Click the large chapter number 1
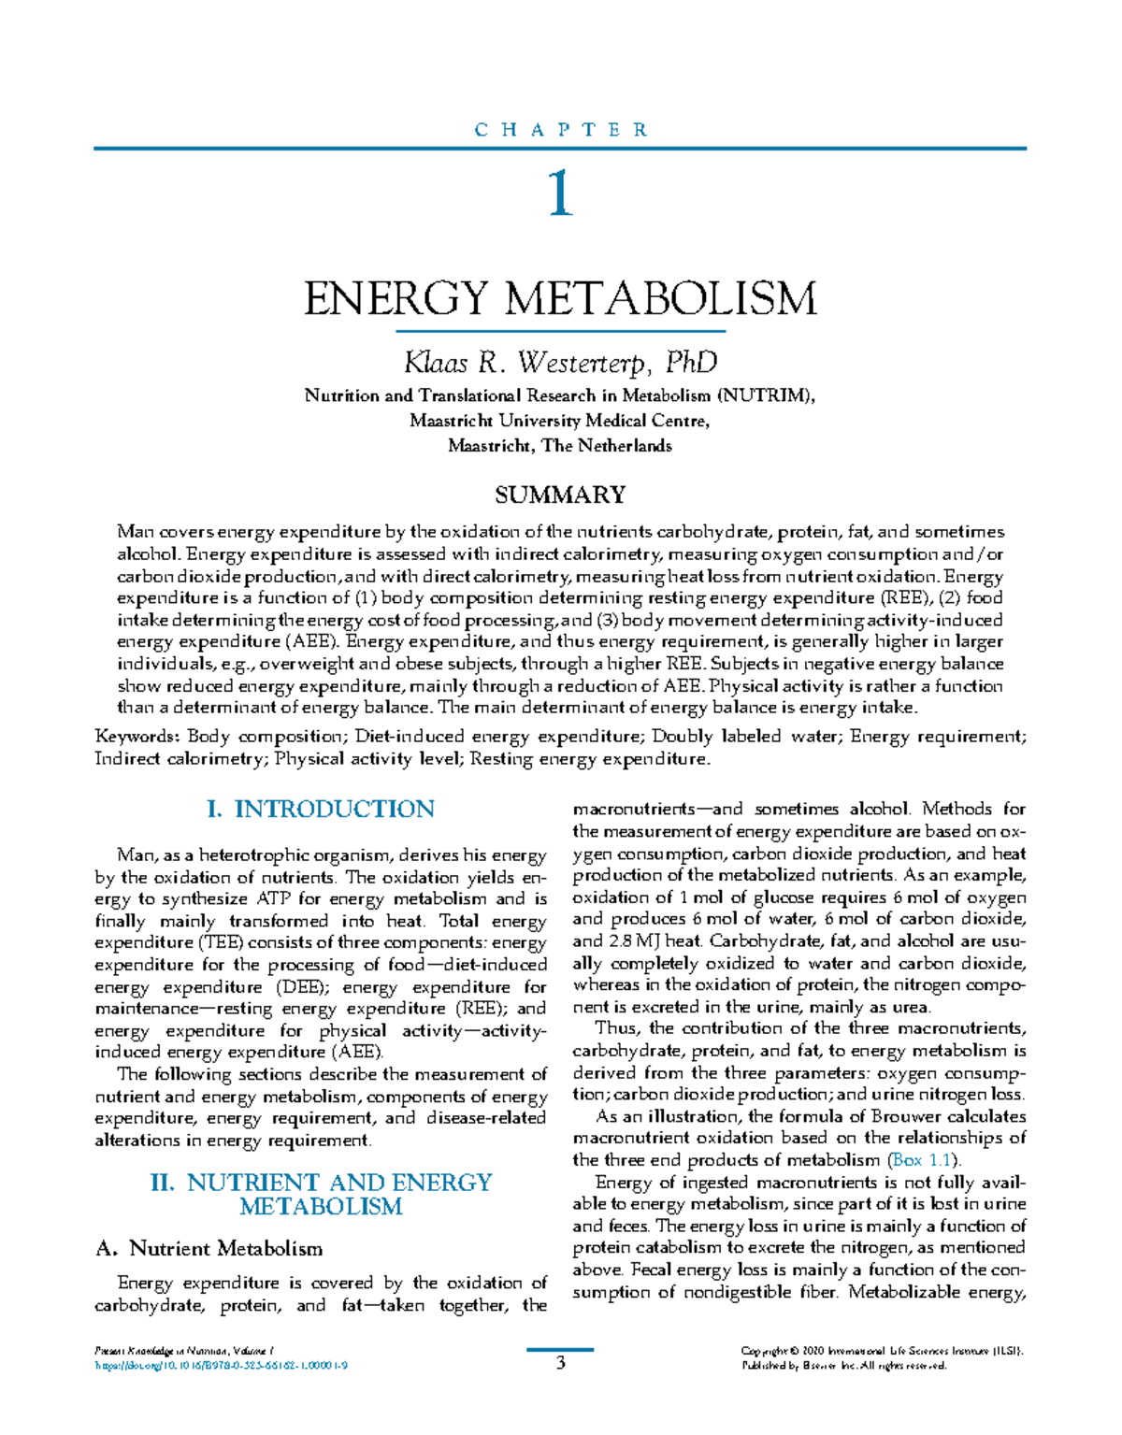click(x=560, y=195)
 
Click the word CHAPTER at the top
click(x=561, y=130)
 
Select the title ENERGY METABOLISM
click(x=560, y=298)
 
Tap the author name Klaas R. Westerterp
click(x=560, y=362)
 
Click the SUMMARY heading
click(x=560, y=495)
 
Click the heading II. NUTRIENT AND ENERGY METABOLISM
click(x=321, y=1195)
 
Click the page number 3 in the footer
click(x=561, y=1363)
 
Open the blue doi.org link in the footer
click(x=222, y=1366)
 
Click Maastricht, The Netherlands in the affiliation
click(x=560, y=446)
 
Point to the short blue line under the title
click(x=560, y=332)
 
